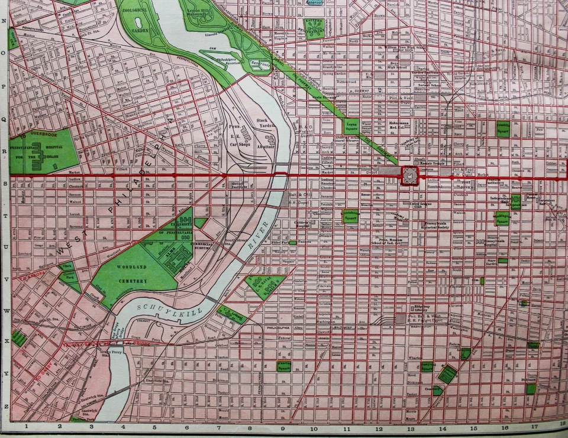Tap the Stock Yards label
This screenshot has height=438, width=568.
point(262,124)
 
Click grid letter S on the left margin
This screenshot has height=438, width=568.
point(5,183)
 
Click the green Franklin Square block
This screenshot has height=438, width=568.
point(504,127)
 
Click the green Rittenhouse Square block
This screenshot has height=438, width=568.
point(350,216)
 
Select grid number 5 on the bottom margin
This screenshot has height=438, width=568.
point(154,426)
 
